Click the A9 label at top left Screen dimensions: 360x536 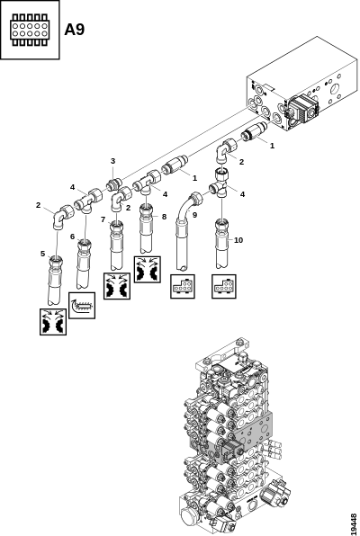pos(75,30)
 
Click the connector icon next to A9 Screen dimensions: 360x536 pos(30,30)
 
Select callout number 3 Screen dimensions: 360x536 pos(112,161)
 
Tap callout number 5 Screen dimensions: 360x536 pos(43,254)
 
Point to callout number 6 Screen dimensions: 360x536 pos(73,237)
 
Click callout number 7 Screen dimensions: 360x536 pos(103,219)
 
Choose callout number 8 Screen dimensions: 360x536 pos(165,217)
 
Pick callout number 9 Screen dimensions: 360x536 pos(194,215)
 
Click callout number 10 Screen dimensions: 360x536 pos(238,240)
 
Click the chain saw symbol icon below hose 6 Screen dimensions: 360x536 pos(82,306)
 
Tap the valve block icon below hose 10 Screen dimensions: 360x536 pos(224,287)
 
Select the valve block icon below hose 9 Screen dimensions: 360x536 pos(183,287)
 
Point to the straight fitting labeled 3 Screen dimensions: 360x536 pos(114,185)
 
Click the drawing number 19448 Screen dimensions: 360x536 pos(354,523)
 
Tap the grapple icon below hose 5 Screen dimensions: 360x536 pos(53,322)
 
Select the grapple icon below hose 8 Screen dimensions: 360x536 pos(148,270)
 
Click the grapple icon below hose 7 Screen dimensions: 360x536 pos(117,286)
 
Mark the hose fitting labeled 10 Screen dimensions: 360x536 pos(222,244)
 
